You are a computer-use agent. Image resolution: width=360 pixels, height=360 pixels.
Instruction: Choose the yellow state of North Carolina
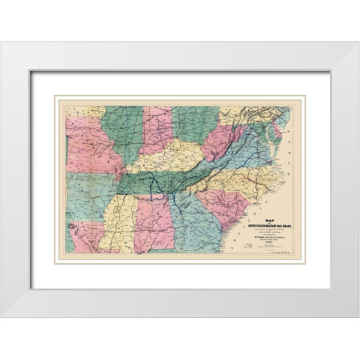point(240,176)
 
